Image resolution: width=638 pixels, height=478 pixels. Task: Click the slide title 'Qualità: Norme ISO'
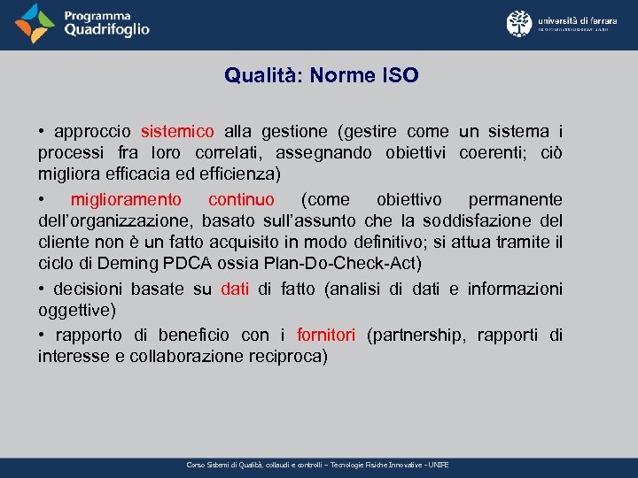[x=321, y=76]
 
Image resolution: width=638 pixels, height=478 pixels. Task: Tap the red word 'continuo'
[x=241, y=199]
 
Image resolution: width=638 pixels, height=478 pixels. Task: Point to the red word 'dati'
[x=235, y=289]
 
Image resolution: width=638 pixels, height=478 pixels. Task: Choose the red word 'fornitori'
[x=326, y=335]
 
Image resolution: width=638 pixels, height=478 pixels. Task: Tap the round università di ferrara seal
[x=519, y=23]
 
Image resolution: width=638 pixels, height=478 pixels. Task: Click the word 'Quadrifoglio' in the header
[x=106, y=30]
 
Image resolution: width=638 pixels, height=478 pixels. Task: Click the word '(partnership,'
[x=417, y=335]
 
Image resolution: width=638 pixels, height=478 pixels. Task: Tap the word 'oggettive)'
[x=76, y=311]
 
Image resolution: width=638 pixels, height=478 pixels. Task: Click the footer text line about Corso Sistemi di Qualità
[x=318, y=465]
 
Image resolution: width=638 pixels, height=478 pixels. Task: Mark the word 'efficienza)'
[x=239, y=173]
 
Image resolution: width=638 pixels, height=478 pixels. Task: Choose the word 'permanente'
[x=515, y=199]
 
